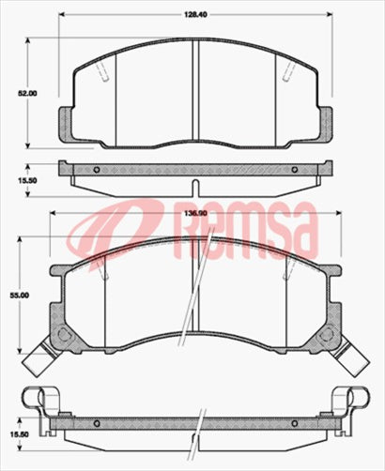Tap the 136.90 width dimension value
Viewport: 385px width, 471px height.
[193, 214]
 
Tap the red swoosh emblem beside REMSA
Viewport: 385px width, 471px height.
[107, 235]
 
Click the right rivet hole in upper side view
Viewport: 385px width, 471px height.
[294, 170]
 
